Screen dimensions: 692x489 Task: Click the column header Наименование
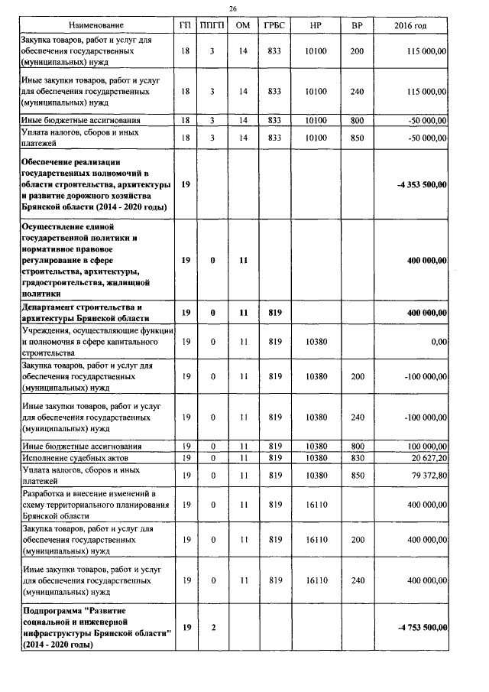[x=95, y=26]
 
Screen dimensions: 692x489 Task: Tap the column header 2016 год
[x=410, y=26]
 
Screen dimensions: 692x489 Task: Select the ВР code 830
[x=357, y=456]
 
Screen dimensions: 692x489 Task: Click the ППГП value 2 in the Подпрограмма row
[x=213, y=627]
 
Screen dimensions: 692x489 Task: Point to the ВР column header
[x=357, y=26]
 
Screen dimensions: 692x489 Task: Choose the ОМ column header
[x=243, y=26]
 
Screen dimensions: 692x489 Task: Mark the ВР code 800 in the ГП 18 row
[x=357, y=120]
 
